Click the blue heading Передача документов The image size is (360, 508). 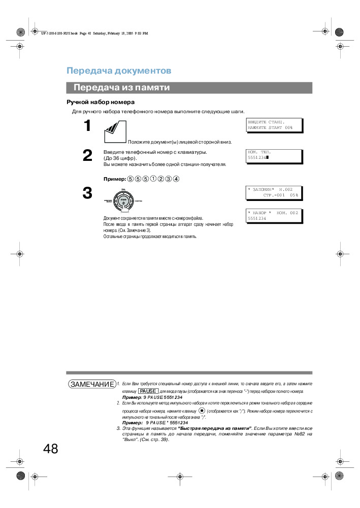click(x=119, y=71)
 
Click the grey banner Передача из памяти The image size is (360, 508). click(x=121, y=88)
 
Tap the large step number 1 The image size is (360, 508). click(x=87, y=126)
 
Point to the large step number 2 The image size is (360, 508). click(x=87, y=156)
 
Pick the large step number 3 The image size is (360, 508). click(x=87, y=193)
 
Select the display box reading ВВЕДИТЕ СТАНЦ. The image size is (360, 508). click(x=274, y=125)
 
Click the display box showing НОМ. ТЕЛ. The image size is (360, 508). click(x=274, y=155)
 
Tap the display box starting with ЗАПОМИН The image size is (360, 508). click(x=274, y=192)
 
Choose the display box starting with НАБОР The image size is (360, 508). click(x=274, y=216)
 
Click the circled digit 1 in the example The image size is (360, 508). click(x=154, y=179)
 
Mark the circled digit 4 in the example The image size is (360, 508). click(x=177, y=179)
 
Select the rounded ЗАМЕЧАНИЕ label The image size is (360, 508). click(x=91, y=384)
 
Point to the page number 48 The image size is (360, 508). click(x=50, y=449)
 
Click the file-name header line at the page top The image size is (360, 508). click(x=94, y=33)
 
